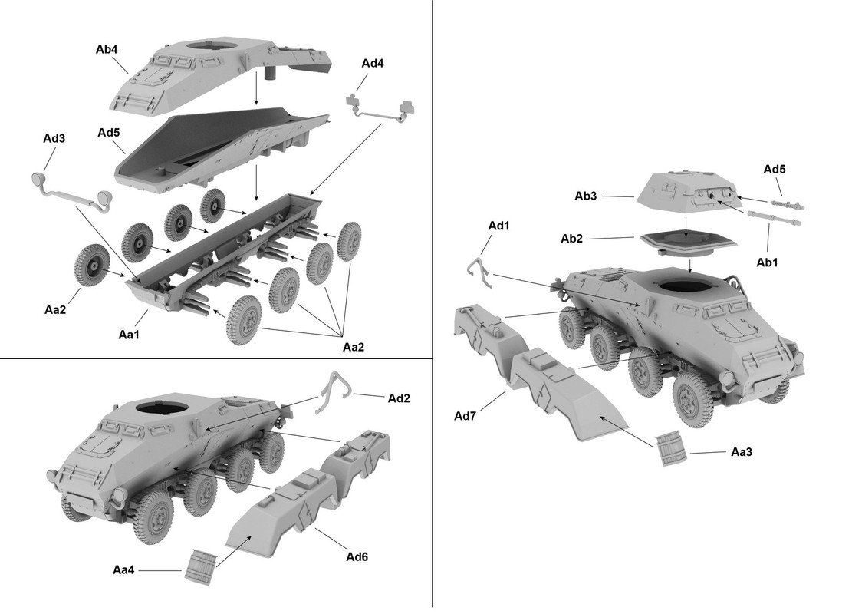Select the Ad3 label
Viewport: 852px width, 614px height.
[x=54, y=139]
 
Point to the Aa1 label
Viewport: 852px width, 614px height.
[x=130, y=335]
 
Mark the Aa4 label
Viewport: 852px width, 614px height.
[x=124, y=569]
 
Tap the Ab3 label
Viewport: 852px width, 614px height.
[x=586, y=196]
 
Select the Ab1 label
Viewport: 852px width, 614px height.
[x=767, y=262]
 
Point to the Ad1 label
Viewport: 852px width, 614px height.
[x=499, y=226]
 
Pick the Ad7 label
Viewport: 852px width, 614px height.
[x=465, y=416]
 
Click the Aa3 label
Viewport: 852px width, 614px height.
[x=741, y=452]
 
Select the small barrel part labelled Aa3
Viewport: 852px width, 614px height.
[x=672, y=450]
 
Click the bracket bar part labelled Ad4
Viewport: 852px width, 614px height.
[x=381, y=110]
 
